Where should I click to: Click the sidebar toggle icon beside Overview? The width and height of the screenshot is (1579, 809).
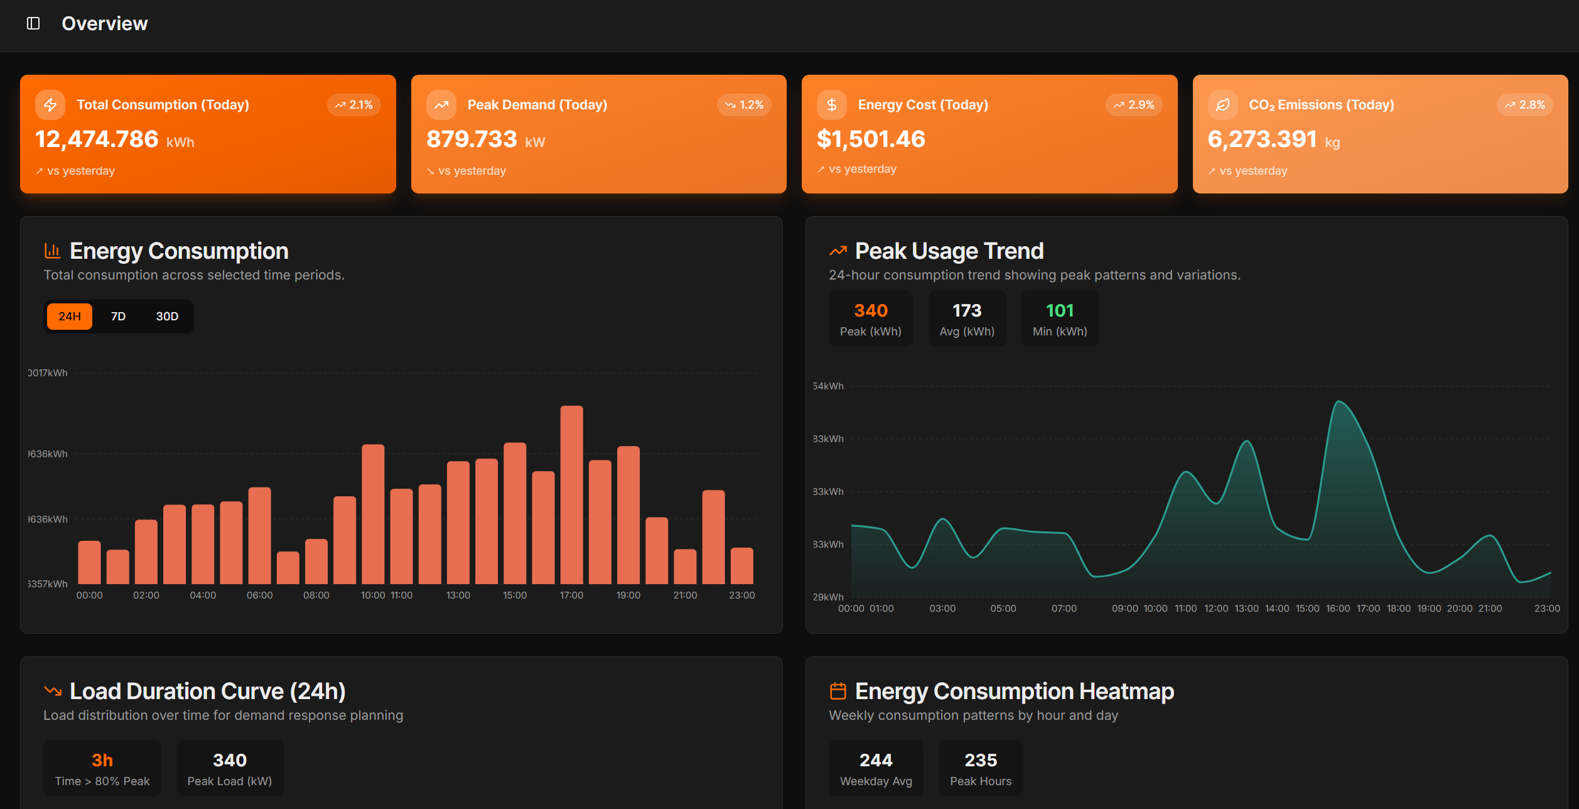[33, 23]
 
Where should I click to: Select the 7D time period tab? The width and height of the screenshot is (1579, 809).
[118, 316]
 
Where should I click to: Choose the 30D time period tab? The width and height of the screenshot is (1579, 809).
[167, 316]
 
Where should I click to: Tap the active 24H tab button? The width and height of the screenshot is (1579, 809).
[70, 316]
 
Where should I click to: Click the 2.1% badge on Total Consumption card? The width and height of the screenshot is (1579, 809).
[354, 105]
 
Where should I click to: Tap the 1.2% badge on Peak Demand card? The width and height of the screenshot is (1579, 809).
[745, 105]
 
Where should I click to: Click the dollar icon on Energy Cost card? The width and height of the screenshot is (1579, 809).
[832, 105]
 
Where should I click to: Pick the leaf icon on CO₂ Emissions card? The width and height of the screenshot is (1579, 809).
[1222, 105]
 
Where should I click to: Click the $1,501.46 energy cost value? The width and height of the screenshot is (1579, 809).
[871, 139]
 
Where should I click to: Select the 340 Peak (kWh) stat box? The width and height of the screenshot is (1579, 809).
[871, 318]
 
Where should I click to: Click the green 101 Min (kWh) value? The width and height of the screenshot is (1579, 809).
[1060, 310]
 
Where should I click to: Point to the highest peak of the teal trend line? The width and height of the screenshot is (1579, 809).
[1339, 401]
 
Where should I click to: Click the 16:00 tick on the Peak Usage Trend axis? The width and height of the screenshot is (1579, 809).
[1338, 608]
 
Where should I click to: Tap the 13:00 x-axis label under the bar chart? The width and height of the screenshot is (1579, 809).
[458, 595]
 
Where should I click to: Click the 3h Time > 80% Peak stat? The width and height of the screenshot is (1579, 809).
[102, 768]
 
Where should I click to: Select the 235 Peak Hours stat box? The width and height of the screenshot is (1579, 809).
[981, 768]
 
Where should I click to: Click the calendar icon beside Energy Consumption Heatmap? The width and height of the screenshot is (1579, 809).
[838, 691]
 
